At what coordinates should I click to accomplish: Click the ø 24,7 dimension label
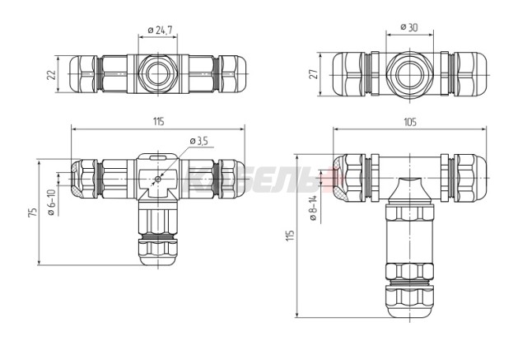click(x=159, y=30)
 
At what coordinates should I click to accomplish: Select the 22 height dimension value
click(x=51, y=75)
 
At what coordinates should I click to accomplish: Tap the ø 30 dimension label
click(x=409, y=27)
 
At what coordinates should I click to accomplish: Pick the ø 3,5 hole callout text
click(x=199, y=142)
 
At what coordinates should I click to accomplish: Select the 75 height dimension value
click(x=32, y=212)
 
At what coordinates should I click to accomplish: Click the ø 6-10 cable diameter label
click(x=51, y=203)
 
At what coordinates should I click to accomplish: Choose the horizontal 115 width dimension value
click(x=158, y=122)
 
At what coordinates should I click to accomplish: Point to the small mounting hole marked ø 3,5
click(x=157, y=177)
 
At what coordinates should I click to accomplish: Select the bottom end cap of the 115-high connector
click(x=409, y=306)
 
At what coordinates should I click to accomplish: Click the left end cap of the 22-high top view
click(x=85, y=75)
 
